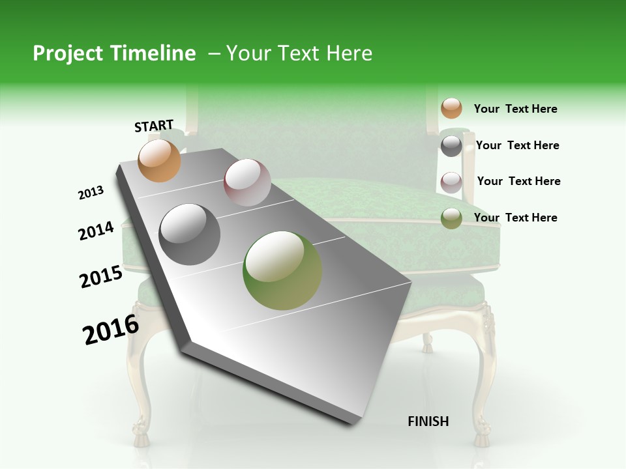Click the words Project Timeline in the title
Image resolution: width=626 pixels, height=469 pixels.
coord(114,53)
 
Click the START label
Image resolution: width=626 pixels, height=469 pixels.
coord(154,126)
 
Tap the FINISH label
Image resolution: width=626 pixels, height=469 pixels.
coord(428,421)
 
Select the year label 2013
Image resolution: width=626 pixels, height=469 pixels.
coord(91,193)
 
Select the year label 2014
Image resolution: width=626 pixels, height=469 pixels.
coord(97,231)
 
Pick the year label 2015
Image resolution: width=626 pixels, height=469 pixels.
coord(101,277)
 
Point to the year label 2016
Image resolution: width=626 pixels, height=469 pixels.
coord(111,330)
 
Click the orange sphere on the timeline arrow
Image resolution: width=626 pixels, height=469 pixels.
coord(160,160)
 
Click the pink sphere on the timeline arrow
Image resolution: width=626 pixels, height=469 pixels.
coord(247,182)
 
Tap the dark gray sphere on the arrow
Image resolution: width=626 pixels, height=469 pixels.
coord(190,234)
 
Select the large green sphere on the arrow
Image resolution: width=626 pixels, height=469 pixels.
coord(282,270)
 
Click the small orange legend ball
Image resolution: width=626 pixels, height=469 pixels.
coord(451,108)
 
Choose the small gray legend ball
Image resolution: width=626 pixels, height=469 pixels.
coord(451,146)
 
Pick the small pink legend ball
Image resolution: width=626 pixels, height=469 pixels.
coord(451,182)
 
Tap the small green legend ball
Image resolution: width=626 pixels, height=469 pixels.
coord(451,218)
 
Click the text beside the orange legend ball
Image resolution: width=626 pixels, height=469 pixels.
coord(515,109)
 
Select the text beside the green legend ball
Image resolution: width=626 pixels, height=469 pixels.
coord(515,218)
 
